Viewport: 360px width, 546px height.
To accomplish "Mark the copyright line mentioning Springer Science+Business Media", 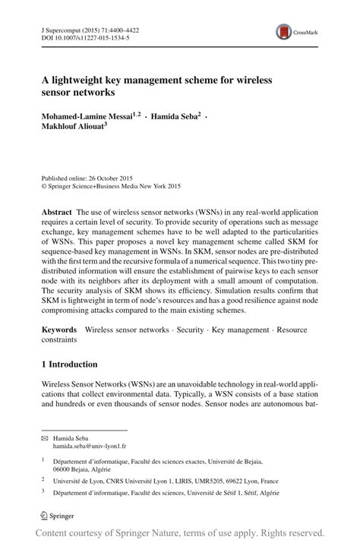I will pyautogui.click(x=112, y=185).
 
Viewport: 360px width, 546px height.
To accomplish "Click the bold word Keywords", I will pyautogui.click(x=59, y=330).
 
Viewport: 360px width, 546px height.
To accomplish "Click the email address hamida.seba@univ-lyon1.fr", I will pyautogui.click(x=90, y=448).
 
